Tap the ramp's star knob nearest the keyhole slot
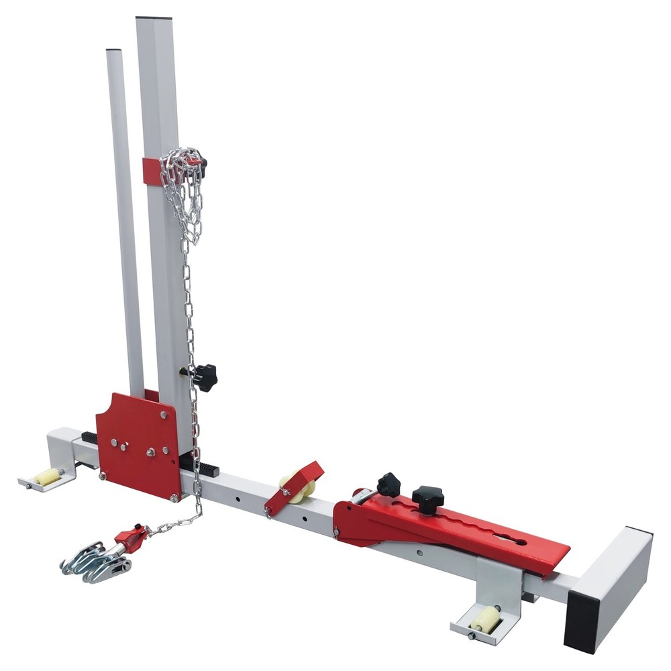(x=427, y=499)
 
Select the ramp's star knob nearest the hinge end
(x=389, y=483)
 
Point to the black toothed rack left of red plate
(x=90, y=437)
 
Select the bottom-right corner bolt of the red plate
(x=174, y=497)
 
